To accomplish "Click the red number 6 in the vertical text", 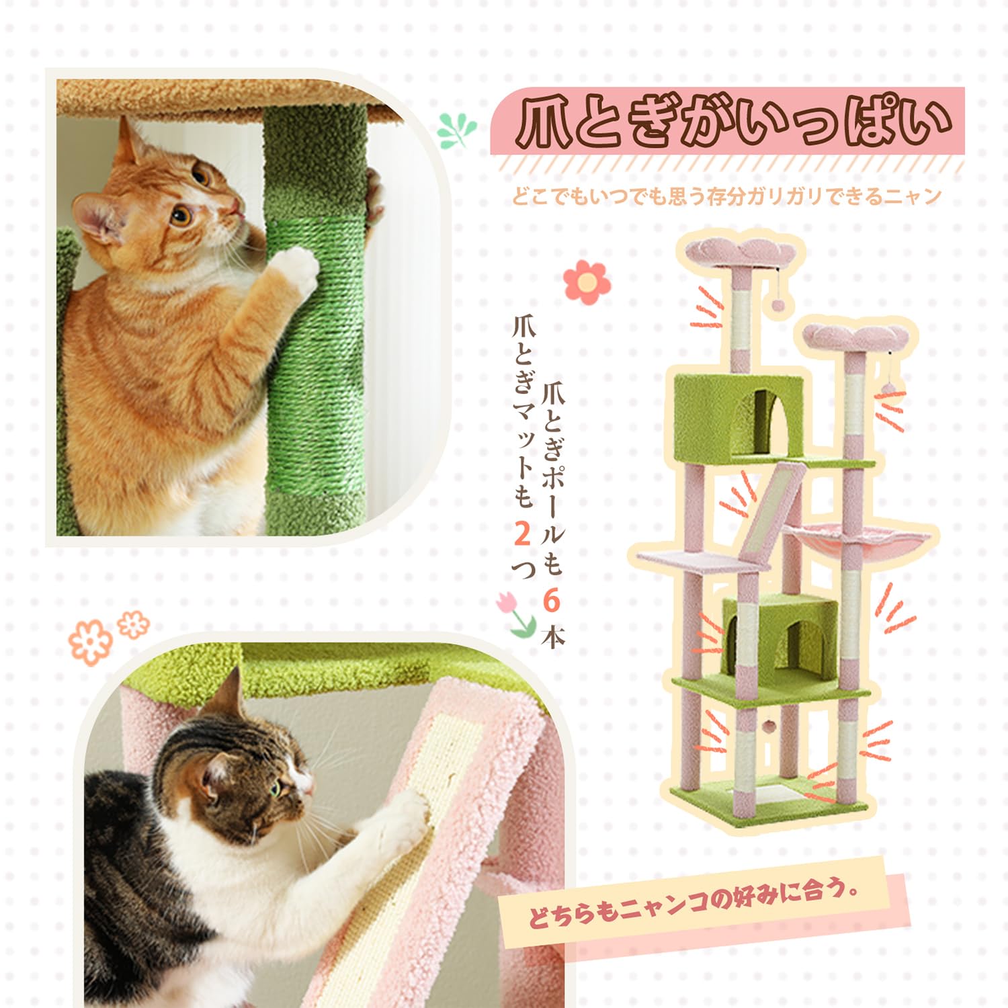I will pos(552,600).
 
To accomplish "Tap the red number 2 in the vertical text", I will pos(523,534).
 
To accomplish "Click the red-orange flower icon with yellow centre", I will pos(587,282).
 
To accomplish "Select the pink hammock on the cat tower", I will pos(859,544).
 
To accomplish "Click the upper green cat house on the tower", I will pos(739,413).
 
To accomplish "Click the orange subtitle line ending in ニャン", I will pos(726,197).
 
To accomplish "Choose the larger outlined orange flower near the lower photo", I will pos(90,641).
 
